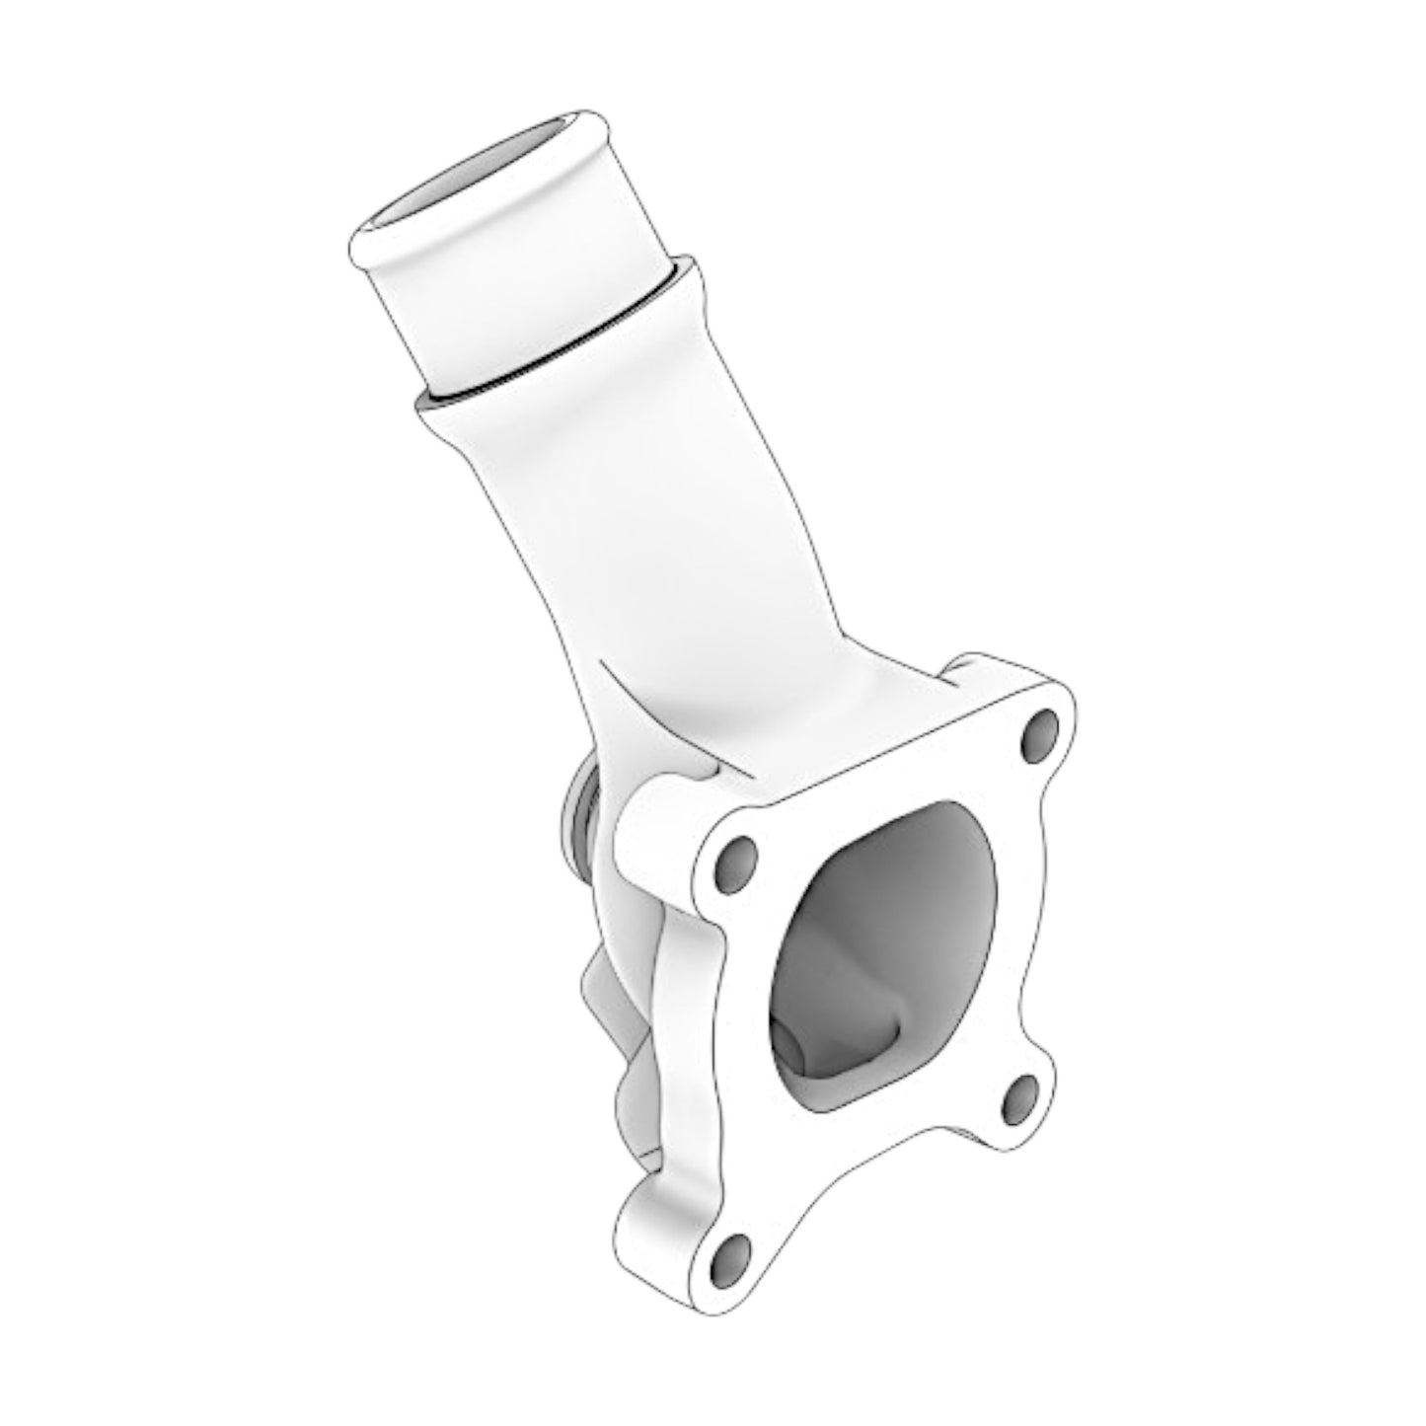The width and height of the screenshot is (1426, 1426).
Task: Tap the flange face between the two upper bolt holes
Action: tap(878, 780)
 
